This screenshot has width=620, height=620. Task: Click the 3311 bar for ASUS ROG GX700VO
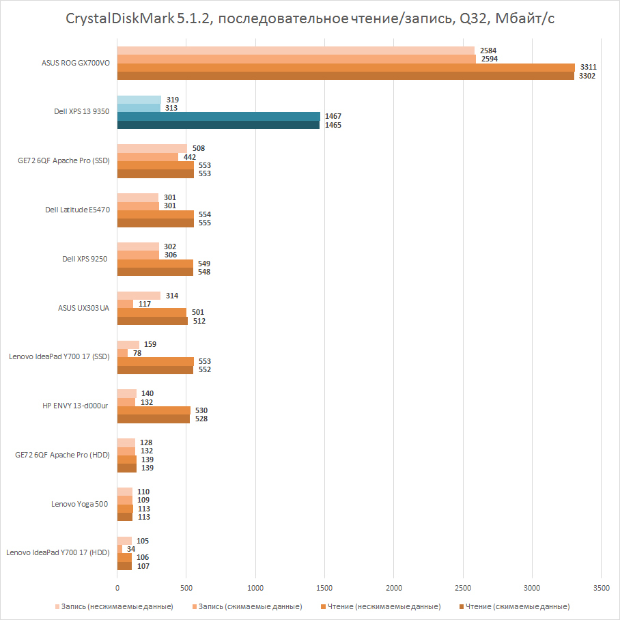pos(346,68)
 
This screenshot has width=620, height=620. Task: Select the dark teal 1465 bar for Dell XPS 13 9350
pos(219,125)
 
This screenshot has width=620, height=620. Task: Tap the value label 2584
pos(489,51)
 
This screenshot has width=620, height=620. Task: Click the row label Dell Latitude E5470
pos(78,210)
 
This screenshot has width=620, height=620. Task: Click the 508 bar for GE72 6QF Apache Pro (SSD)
pos(152,149)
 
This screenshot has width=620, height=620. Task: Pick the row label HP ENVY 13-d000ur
pos(75,406)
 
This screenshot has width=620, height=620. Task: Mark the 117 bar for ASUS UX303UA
pos(125,304)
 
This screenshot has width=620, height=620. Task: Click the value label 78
pos(138,353)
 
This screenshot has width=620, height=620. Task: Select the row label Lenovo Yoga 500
pos(81,504)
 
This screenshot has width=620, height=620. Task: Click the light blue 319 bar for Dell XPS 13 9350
pos(139,100)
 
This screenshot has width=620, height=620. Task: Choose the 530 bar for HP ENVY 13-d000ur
pos(154,410)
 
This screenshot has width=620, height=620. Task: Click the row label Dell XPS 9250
pos(85,259)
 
